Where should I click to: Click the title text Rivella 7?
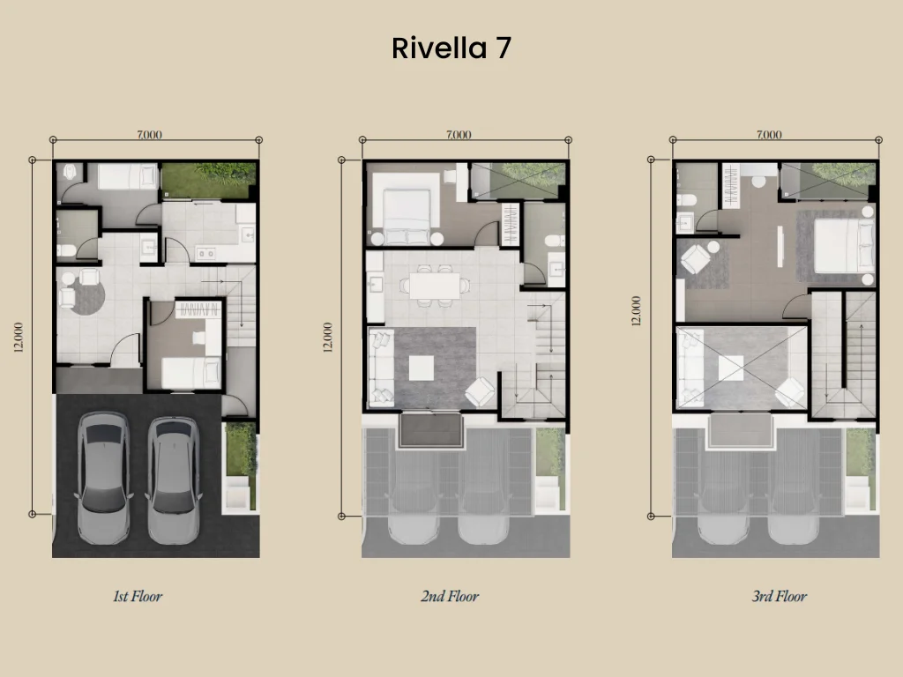(451, 48)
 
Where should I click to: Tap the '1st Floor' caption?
(138, 597)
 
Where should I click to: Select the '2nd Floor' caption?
(450, 597)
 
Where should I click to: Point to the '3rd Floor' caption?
(779, 597)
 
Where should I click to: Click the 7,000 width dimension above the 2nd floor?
(459, 135)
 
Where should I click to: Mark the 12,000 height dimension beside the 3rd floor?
(637, 310)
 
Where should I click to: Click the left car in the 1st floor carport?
(103, 477)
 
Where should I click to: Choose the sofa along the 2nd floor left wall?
(381, 367)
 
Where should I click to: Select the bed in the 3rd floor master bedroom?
(842, 246)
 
